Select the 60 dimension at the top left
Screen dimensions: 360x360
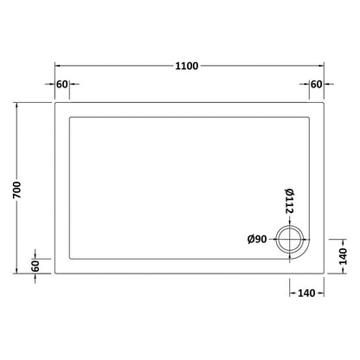pyautogui.click(x=61, y=84)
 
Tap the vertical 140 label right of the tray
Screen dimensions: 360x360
pyautogui.click(x=342, y=257)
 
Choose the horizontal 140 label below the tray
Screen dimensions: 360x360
pyautogui.click(x=305, y=294)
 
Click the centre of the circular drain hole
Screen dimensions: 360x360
pyautogui.click(x=289, y=239)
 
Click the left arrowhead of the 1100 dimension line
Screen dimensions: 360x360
pyautogui.click(x=58, y=67)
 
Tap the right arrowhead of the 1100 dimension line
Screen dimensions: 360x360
pyautogui.click(x=321, y=67)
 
